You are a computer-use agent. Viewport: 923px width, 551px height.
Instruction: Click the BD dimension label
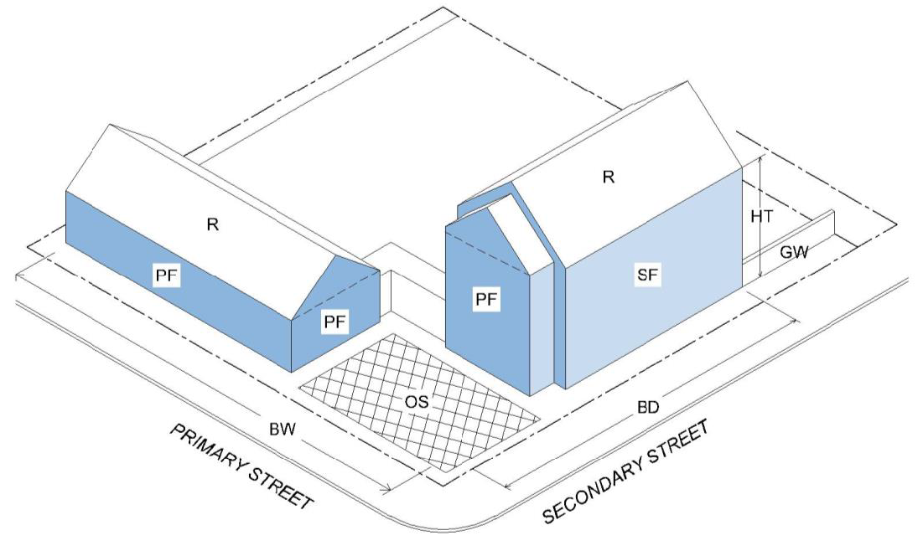click(x=647, y=408)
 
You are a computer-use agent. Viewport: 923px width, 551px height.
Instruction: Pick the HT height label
click(x=762, y=216)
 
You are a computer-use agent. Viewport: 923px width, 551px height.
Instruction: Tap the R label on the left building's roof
click(x=213, y=224)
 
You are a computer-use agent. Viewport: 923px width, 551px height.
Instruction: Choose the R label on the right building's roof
click(x=609, y=177)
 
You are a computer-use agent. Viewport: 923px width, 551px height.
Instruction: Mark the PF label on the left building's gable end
click(x=334, y=320)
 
